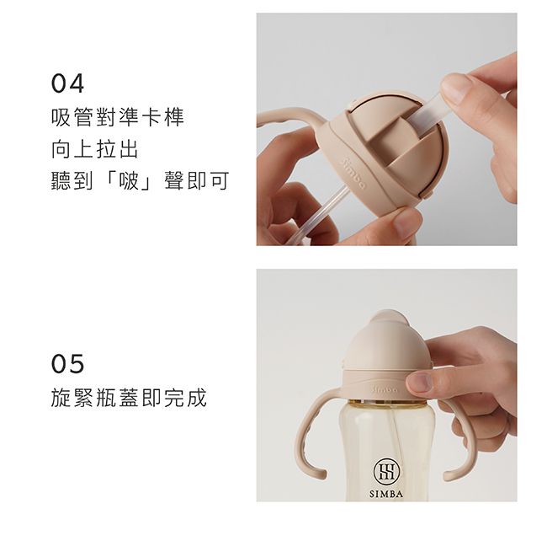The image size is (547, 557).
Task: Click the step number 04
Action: point(67,84)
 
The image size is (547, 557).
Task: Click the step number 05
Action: point(67,364)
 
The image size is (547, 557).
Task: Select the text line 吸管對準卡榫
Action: point(117,118)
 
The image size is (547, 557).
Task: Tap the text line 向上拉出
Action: point(94,150)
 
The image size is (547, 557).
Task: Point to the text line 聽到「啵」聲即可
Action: point(140,181)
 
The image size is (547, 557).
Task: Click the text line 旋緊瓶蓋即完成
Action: point(128,398)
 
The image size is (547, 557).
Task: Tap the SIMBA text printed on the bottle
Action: point(385,493)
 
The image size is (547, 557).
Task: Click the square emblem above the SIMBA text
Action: point(385,470)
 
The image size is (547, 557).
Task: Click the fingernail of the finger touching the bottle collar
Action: point(418,384)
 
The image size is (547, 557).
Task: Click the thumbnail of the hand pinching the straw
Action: point(458,88)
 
